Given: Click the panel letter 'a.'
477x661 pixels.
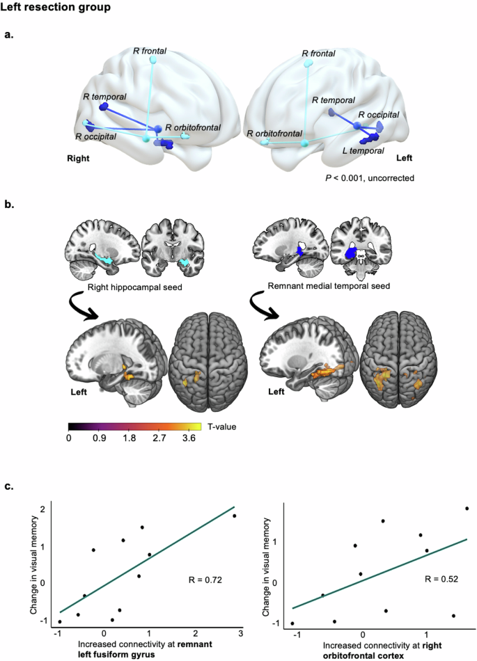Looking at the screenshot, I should point(10,34).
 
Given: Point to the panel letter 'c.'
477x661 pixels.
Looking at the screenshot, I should point(10,486).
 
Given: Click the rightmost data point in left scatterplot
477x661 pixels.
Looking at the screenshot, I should point(235,516).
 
